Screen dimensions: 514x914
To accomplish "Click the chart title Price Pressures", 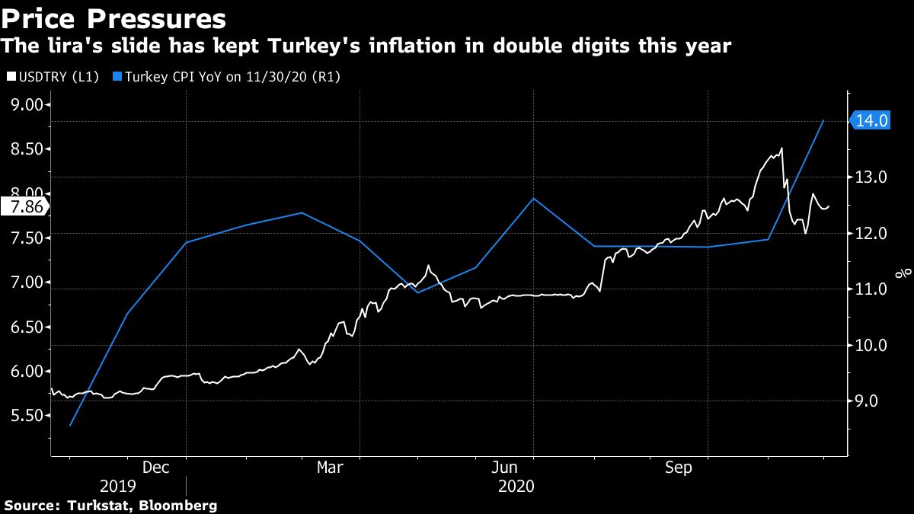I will (114, 18).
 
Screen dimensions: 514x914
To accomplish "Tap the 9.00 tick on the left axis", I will (25, 104).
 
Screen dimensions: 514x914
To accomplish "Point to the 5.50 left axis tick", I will (25, 416).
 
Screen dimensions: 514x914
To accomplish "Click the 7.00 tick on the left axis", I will (25, 283).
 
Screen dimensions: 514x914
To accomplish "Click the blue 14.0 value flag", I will (871, 120).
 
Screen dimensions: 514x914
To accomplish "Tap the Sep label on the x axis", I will (679, 468).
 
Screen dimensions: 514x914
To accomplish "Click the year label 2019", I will (117, 486).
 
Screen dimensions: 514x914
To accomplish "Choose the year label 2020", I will (516, 486).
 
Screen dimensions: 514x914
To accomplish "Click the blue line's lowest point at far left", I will (70, 426).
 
